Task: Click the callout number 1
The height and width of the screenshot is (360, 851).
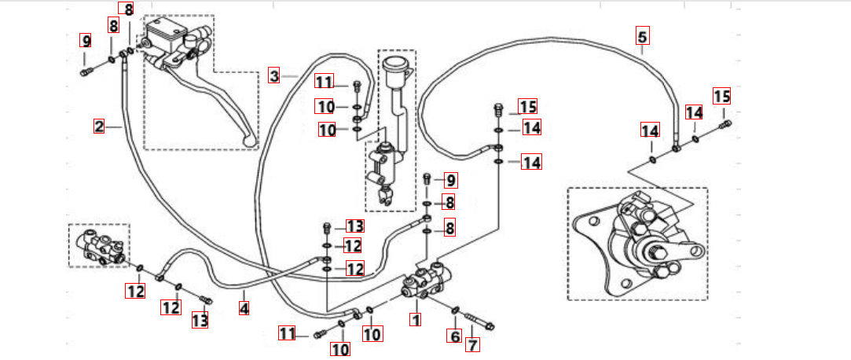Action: (x=416, y=320)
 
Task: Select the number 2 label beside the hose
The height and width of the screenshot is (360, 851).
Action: (x=99, y=126)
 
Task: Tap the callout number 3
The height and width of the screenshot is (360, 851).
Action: (x=274, y=75)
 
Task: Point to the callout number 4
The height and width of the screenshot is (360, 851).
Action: (x=244, y=309)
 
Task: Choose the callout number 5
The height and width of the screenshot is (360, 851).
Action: (x=642, y=35)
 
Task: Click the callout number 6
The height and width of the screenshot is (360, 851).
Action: (x=453, y=336)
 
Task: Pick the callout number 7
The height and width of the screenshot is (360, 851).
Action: (x=472, y=344)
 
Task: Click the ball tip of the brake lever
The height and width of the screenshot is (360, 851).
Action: (x=251, y=141)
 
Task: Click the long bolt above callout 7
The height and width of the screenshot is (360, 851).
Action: (x=479, y=321)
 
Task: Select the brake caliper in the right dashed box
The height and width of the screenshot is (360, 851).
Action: (x=644, y=244)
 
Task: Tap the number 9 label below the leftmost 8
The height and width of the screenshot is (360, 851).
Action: (x=86, y=40)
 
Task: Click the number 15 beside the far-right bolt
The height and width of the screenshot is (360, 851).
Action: (x=721, y=97)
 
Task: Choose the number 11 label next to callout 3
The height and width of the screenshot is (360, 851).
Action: (x=325, y=82)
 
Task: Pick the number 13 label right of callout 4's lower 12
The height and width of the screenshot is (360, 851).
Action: (x=200, y=320)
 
